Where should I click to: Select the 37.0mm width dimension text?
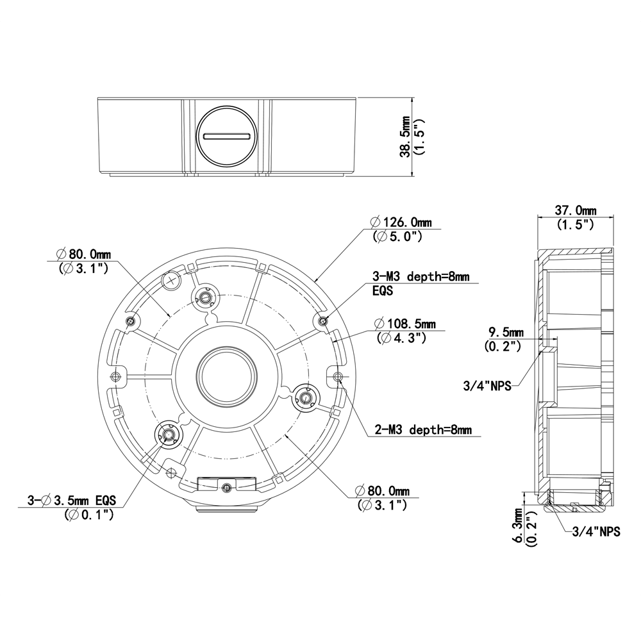click(x=575, y=210)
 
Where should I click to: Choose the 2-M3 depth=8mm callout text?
click(x=423, y=429)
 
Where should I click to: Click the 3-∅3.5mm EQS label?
click(x=71, y=500)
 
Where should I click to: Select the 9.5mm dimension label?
click(x=506, y=332)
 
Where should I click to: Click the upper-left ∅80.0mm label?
click(x=80, y=254)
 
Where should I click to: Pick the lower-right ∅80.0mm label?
click(x=383, y=492)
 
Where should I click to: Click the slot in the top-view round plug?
click(x=226, y=136)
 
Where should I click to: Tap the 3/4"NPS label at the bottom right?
click(x=595, y=531)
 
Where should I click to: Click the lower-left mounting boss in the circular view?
click(x=169, y=434)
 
